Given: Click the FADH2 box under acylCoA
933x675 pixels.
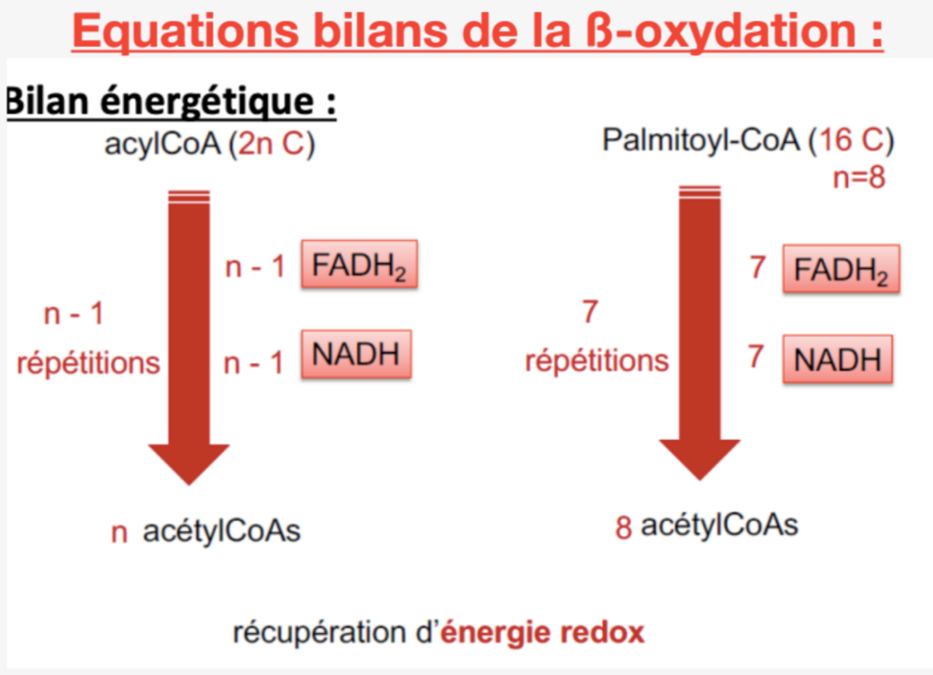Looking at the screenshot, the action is pos(359,264).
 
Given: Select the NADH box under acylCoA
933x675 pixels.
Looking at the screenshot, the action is pos(356,354).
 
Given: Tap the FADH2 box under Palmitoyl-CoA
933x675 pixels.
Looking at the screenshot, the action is pos(841,269).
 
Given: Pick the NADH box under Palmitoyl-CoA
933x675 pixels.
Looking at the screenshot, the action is pos(838,359).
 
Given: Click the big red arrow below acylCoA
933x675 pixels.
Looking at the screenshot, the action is pos(189,338).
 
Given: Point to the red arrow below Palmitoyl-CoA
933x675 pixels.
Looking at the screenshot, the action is pos(700,332).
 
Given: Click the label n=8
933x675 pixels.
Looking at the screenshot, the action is pos(858,177).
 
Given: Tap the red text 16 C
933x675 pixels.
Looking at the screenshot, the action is pos(852,140).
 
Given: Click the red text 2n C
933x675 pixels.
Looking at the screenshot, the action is pos(272,144).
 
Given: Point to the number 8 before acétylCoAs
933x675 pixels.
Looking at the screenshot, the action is pos(623,527).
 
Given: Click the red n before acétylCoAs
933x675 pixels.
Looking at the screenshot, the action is pos(119,533).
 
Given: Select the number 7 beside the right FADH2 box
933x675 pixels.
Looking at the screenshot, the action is pos(757,267).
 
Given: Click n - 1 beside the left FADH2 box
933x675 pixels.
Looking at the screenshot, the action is pos(255,267).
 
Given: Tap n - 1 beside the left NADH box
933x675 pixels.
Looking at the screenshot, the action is pos(254,363).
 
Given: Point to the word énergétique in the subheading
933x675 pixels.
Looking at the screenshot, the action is pos(206,101).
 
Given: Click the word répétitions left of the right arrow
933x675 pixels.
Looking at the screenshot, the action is pos(597,361).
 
